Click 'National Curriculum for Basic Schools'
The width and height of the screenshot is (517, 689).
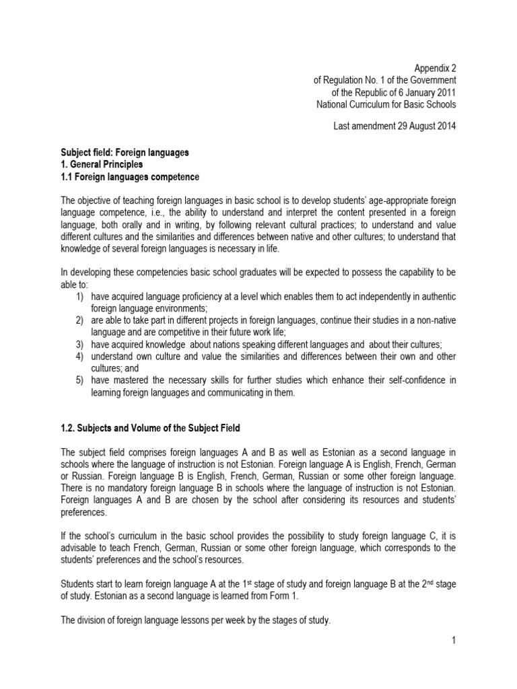click(x=386, y=104)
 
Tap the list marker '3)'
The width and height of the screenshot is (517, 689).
click(x=79, y=344)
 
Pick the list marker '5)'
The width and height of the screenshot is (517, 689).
click(x=79, y=380)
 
